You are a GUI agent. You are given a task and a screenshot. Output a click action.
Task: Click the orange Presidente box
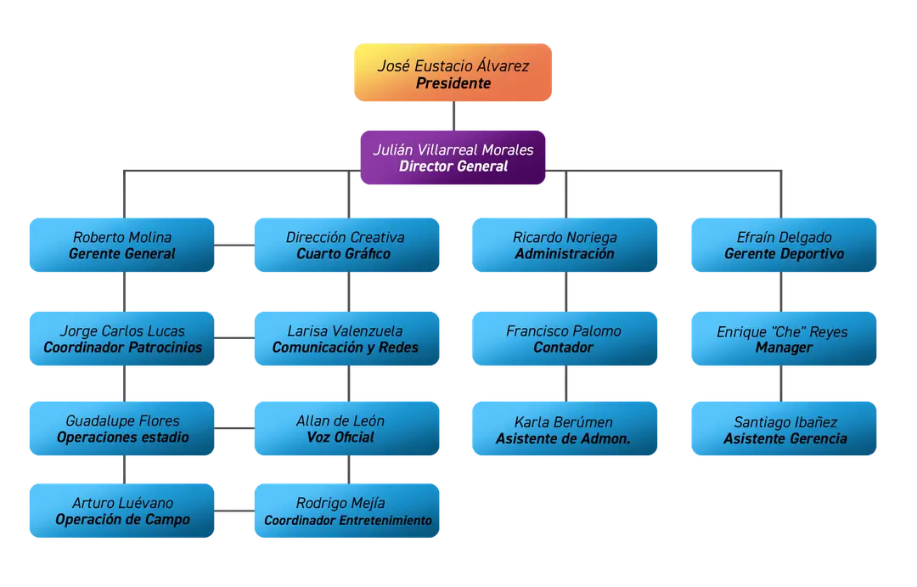coord(453,72)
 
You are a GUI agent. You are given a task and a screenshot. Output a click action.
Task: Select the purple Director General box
coord(453,157)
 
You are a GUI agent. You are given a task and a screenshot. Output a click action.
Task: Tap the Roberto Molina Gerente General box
coord(121,245)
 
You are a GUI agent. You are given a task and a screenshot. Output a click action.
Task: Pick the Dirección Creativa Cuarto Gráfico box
coord(346,245)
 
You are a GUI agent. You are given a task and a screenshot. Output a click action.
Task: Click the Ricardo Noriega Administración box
coord(565,245)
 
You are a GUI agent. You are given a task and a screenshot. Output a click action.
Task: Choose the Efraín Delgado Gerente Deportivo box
coord(784,245)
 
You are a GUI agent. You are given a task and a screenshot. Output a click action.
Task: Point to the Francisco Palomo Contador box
coord(565,338)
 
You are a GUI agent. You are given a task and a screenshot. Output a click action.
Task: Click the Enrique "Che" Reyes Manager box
coord(784,338)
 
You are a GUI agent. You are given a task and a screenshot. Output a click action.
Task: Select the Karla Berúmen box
coord(565,428)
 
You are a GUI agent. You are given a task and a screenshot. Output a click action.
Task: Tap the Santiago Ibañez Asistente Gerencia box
coord(784,428)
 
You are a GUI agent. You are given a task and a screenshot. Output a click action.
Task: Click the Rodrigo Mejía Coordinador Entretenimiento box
coord(346,511)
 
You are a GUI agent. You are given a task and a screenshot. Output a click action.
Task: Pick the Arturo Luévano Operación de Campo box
coord(121,511)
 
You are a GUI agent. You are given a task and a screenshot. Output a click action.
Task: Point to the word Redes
coord(399,347)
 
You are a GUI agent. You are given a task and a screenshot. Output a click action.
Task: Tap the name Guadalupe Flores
coord(123,420)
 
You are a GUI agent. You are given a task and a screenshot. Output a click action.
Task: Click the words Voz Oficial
coord(340,437)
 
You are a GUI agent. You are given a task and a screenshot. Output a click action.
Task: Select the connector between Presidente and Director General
coord(453,116)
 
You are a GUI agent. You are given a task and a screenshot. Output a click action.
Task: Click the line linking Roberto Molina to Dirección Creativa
coord(234,245)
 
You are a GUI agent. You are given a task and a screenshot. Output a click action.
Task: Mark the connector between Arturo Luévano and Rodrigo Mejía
coord(234,511)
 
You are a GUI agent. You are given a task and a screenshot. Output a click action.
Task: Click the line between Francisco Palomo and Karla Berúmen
coord(566,383)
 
